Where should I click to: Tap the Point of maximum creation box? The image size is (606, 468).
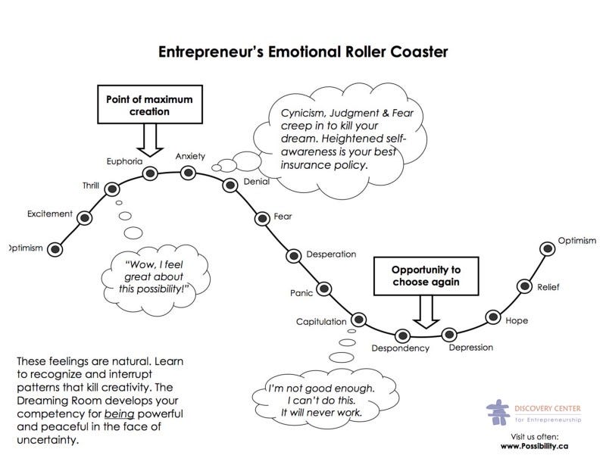(148, 105)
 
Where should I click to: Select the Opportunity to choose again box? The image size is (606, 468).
(426, 276)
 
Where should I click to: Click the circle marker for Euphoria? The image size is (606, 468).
(150, 173)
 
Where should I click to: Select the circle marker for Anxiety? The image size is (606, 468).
(188, 173)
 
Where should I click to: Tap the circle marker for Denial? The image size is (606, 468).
(230, 185)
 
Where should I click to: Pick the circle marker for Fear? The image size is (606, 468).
(261, 218)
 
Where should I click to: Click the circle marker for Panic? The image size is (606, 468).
(324, 289)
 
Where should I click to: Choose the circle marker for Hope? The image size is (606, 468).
(492, 317)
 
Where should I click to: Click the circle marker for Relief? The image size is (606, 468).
(524, 285)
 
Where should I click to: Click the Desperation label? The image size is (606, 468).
(331, 254)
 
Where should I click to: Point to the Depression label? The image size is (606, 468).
(470, 348)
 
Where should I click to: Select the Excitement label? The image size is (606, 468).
(49, 214)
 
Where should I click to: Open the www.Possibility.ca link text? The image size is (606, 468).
(534, 446)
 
